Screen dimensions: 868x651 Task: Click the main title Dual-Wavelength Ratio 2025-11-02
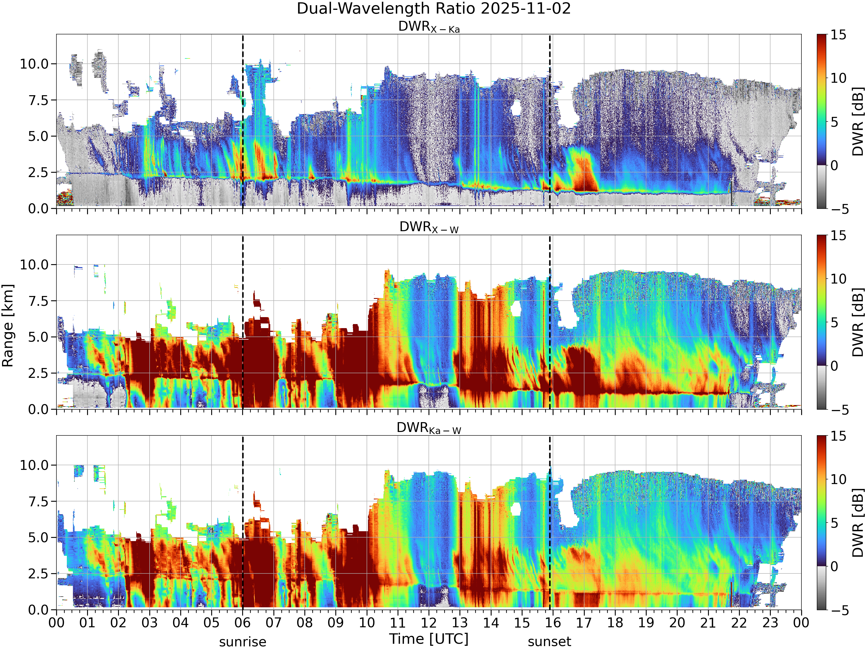tap(434, 9)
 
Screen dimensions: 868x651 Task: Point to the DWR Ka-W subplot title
tap(429, 428)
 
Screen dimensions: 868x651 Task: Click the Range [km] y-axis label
tap(8, 326)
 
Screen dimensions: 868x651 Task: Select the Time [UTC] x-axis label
tap(429, 639)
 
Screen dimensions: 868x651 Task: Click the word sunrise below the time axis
tap(242, 642)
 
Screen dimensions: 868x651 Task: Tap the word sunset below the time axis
tap(549, 642)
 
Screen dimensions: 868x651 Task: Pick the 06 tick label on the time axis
tap(242, 623)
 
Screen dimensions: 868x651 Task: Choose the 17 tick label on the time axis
tap(584, 623)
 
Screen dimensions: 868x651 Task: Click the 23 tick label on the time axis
tap(770, 623)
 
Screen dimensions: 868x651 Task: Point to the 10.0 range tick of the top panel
tap(34, 64)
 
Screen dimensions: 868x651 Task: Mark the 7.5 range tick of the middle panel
tap(38, 301)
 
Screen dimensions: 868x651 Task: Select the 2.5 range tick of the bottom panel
tap(38, 574)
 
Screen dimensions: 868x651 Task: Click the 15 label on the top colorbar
tap(838, 35)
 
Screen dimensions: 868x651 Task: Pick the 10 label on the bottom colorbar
tap(838, 479)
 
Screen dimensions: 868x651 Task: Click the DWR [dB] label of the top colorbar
tap(858, 122)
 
